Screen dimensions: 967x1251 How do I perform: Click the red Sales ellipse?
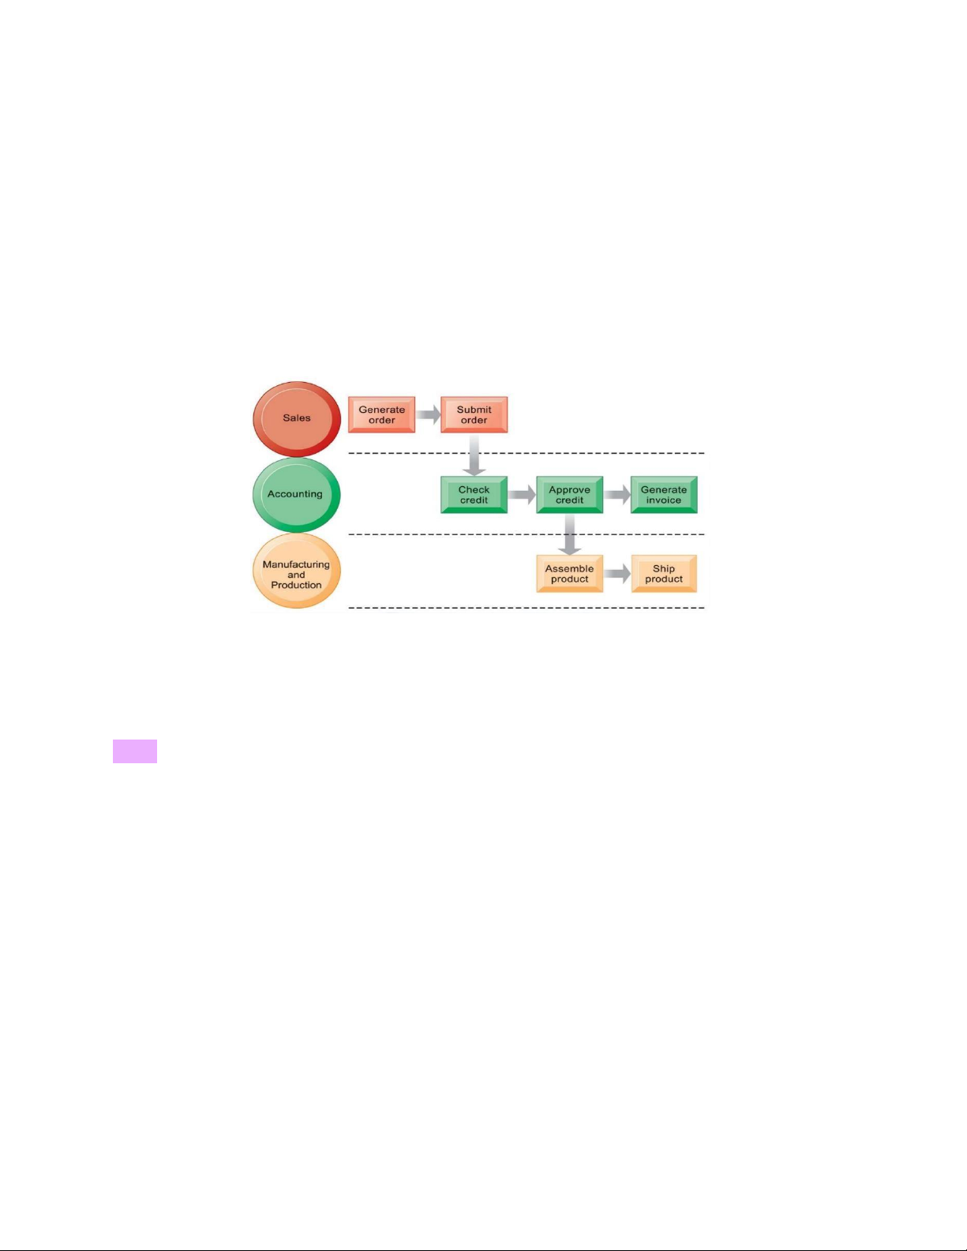(297, 418)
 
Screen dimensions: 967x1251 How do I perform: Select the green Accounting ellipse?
(297, 495)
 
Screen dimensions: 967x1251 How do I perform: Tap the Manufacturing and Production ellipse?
(297, 571)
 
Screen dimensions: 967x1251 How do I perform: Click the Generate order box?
(381, 414)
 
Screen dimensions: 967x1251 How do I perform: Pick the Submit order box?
(474, 414)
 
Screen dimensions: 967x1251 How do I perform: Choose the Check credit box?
(474, 495)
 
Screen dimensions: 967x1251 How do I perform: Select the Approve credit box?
(569, 495)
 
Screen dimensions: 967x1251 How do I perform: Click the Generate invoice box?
(664, 495)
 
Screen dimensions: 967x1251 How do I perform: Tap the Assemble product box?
(569, 573)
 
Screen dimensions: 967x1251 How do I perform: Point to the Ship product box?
(664, 573)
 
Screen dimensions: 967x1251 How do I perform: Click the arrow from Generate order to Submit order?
(428, 414)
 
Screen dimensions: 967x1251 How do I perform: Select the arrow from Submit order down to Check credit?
(474, 455)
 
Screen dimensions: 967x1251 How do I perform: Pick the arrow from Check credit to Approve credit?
(522, 495)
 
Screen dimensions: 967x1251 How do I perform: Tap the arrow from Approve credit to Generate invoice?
(617, 495)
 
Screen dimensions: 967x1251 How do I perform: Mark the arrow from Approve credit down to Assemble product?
(569, 534)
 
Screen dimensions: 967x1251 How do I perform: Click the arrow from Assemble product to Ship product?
(617, 573)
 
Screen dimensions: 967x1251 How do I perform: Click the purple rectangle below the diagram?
(135, 751)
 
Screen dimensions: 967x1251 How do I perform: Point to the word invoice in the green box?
(664, 500)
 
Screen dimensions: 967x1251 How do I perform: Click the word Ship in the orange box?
(664, 568)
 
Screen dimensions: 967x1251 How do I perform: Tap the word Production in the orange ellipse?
(297, 585)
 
